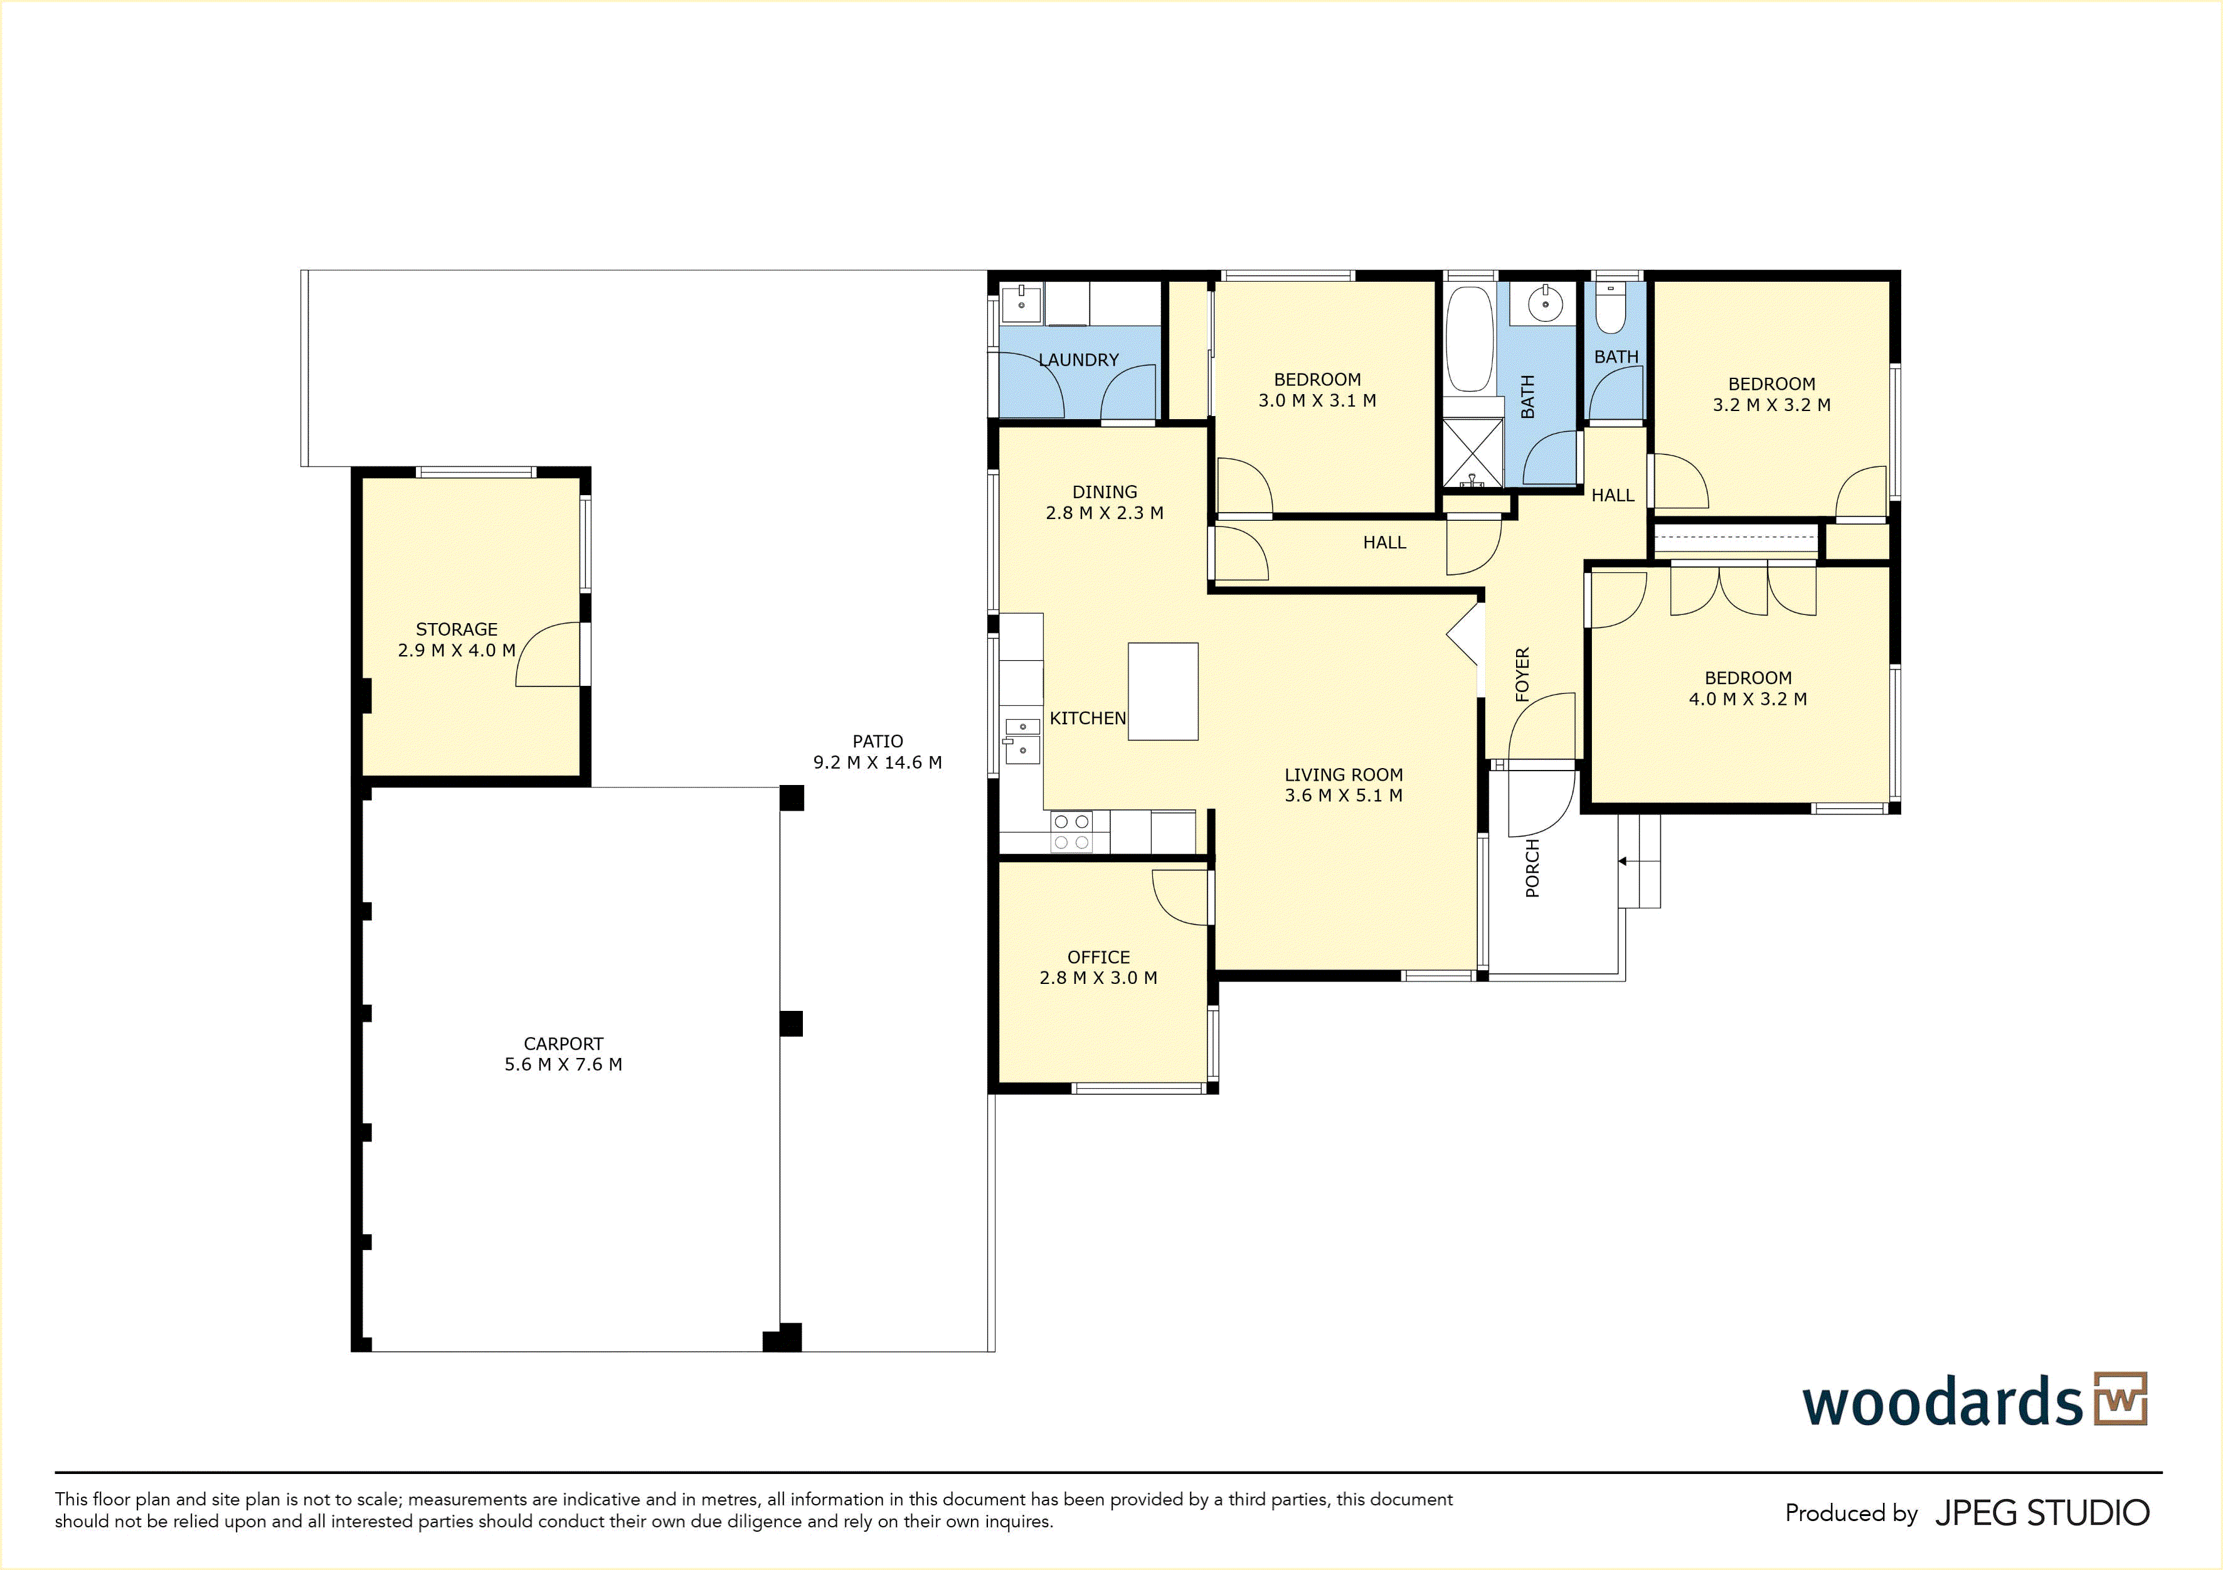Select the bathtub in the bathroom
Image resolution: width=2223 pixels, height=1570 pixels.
click(1469, 339)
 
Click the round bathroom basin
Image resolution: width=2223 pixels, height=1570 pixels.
click(1546, 304)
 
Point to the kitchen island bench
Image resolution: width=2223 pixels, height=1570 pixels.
click(1163, 692)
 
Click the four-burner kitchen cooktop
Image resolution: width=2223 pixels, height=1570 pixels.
click(1071, 832)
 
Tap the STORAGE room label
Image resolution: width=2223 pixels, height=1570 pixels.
click(457, 629)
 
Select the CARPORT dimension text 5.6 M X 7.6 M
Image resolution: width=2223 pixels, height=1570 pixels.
click(563, 1064)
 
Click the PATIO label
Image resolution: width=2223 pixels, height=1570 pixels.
click(877, 741)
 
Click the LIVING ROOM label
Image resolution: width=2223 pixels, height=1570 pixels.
click(1344, 775)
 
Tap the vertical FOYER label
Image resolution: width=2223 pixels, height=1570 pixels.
click(1522, 674)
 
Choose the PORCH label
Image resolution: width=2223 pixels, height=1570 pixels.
click(1532, 869)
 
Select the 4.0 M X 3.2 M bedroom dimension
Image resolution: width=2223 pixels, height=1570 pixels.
click(1748, 699)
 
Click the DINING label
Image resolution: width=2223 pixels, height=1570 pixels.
click(1105, 492)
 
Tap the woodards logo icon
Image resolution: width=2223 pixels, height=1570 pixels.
click(2120, 1399)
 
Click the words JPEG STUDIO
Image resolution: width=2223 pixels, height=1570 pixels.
click(2042, 1513)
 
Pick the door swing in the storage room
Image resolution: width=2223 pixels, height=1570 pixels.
click(549, 654)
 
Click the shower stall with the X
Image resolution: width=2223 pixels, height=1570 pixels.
click(1472, 452)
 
